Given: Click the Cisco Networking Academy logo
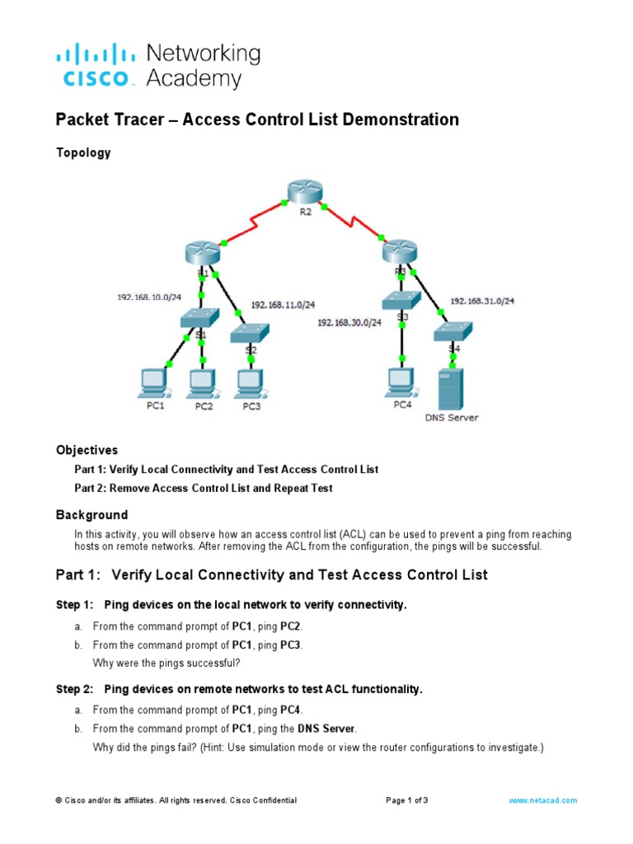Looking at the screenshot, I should [x=157, y=66].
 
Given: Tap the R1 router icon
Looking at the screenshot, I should [x=202, y=253].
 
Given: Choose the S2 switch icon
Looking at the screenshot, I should [x=250, y=331].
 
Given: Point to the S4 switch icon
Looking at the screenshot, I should [x=453, y=331].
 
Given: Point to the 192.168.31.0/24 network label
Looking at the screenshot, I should [x=482, y=301].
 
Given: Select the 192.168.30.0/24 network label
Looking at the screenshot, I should [x=349, y=323].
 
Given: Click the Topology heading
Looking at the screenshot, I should [x=83, y=152].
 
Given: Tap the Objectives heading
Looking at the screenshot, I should [x=87, y=450].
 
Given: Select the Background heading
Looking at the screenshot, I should [x=91, y=514].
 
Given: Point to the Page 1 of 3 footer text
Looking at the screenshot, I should [x=407, y=800].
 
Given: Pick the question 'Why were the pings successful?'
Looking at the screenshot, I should [x=161, y=662].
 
